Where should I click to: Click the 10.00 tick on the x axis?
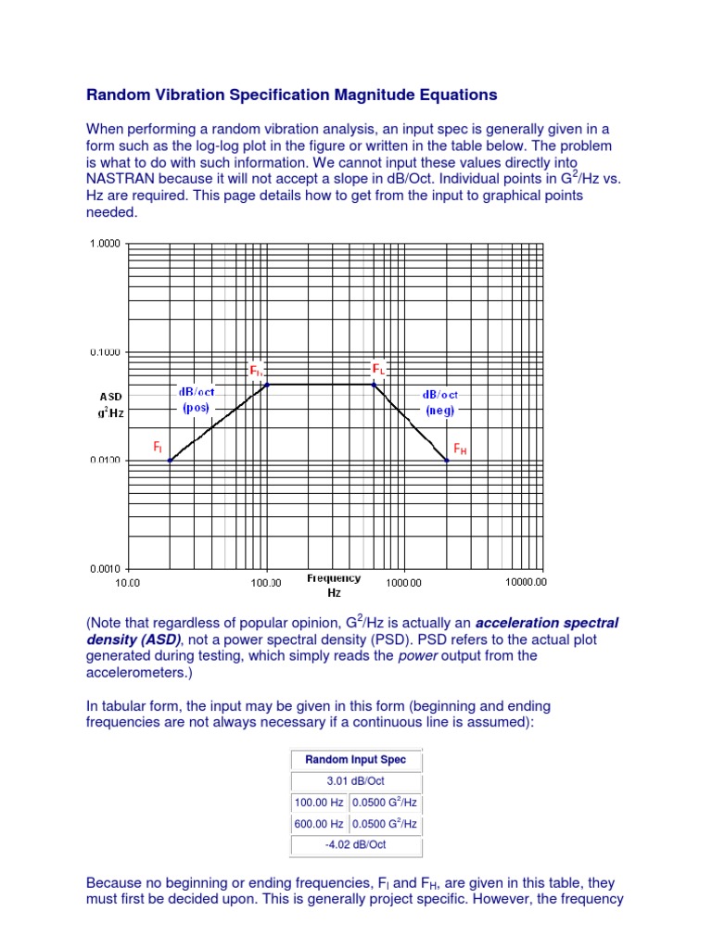click(x=127, y=583)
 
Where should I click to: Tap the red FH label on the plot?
click(x=460, y=449)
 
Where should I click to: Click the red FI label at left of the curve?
click(x=158, y=447)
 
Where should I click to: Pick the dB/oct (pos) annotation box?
click(x=197, y=399)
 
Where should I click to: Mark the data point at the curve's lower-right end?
click(x=447, y=460)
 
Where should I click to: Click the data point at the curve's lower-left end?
click(x=169, y=460)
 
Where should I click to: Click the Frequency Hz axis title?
click(x=334, y=584)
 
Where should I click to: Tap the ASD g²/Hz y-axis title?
click(x=111, y=404)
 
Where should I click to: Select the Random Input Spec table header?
click(x=356, y=760)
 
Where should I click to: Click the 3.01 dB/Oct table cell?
click(x=356, y=781)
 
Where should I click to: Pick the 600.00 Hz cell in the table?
click(x=319, y=823)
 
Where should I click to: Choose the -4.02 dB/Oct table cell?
click(x=356, y=844)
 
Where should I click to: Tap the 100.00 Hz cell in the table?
click(x=319, y=803)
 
